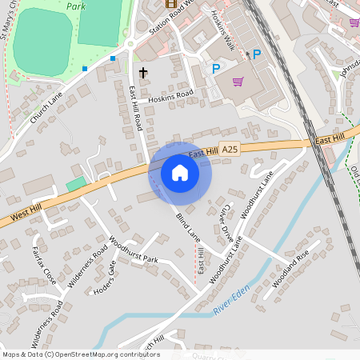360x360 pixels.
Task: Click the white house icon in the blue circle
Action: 180,172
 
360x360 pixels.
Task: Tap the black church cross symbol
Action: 143,73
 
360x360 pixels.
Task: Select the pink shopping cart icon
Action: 238,81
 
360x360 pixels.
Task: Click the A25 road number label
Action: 230,150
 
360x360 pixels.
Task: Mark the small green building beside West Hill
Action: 75,185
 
